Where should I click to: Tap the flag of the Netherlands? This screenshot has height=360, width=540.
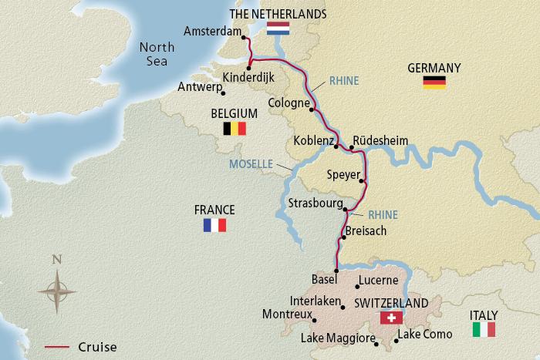click(278, 29)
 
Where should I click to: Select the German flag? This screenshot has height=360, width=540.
click(434, 82)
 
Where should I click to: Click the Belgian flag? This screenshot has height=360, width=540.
click(234, 129)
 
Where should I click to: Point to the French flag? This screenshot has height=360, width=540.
click(214, 224)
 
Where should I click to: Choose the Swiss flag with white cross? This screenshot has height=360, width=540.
click(392, 318)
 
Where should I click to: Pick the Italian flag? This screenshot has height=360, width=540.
click(484, 329)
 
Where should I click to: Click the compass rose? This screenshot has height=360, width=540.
click(56, 291)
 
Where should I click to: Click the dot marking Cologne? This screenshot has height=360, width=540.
click(312, 109)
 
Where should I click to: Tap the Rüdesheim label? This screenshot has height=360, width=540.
click(380, 140)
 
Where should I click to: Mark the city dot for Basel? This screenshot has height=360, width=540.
click(336, 270)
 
